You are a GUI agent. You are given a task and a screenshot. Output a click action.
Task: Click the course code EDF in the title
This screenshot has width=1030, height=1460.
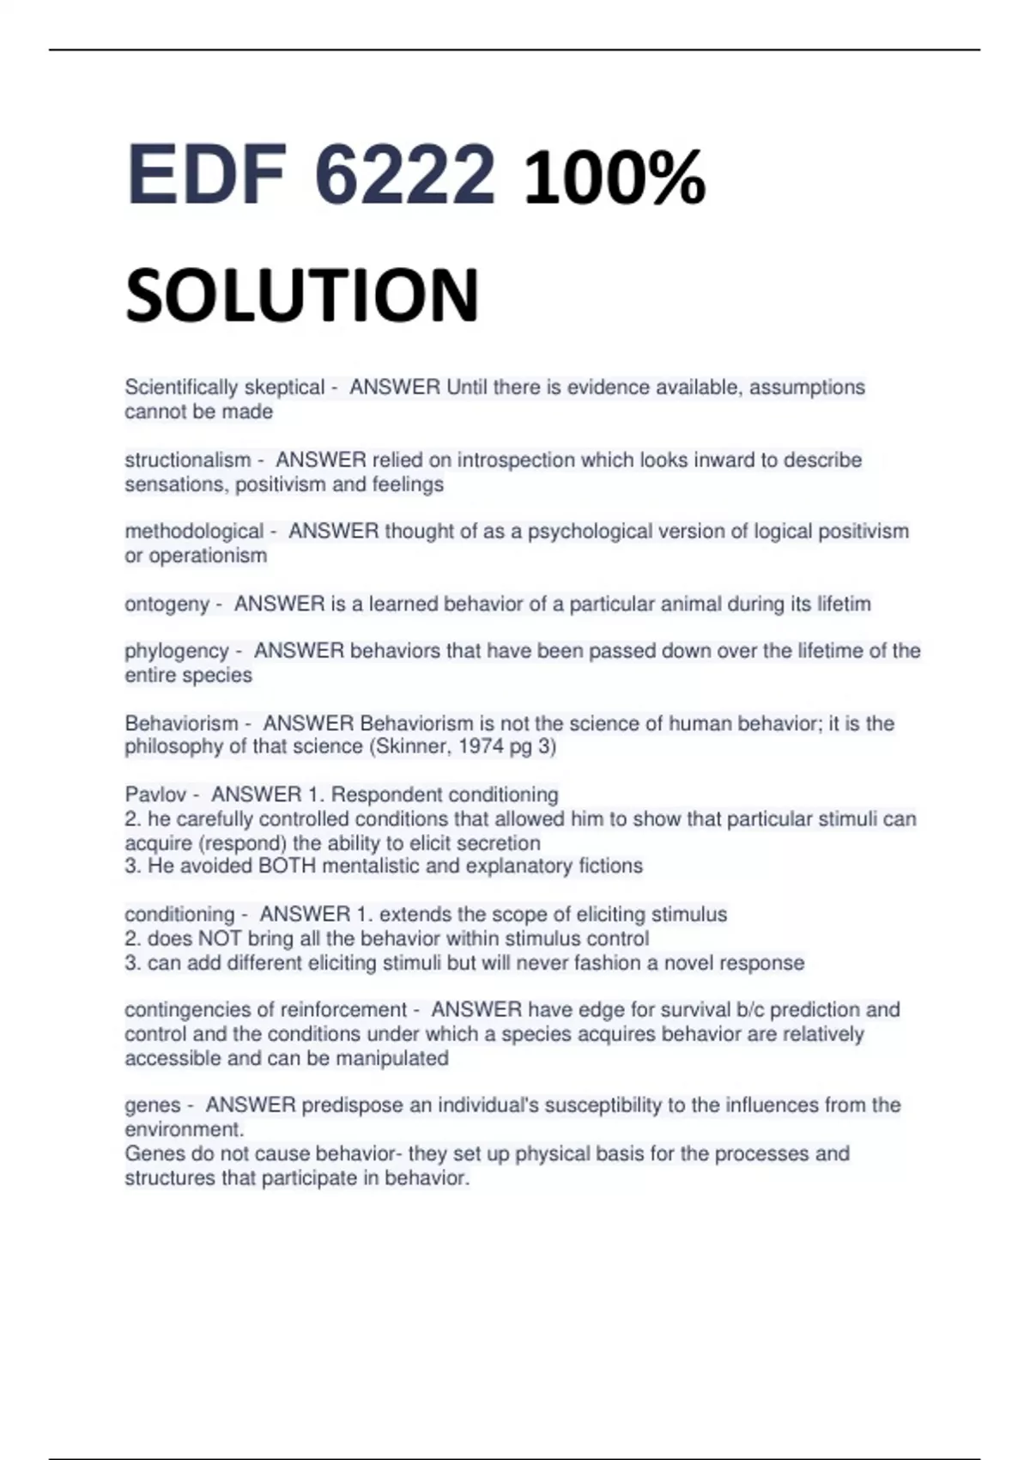205,175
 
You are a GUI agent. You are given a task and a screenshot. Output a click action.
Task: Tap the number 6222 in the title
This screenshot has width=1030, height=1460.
404,175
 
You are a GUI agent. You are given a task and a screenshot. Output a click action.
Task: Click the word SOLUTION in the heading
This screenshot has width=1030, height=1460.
301,295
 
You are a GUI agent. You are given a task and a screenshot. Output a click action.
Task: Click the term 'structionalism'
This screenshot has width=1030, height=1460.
187,460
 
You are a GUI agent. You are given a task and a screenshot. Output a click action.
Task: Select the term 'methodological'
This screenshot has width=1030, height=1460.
194,532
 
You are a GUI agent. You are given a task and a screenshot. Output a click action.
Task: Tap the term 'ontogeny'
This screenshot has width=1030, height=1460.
167,605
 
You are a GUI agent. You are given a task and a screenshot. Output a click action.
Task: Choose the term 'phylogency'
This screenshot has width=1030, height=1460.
177,651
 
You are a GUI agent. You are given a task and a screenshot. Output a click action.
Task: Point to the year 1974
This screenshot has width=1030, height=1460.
480,746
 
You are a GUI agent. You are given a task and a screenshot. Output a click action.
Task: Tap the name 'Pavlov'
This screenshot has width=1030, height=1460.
155,794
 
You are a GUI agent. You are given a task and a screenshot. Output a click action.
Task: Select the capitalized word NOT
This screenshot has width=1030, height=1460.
220,939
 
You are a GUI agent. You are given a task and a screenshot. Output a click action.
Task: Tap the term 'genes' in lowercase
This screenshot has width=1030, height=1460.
153,1105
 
